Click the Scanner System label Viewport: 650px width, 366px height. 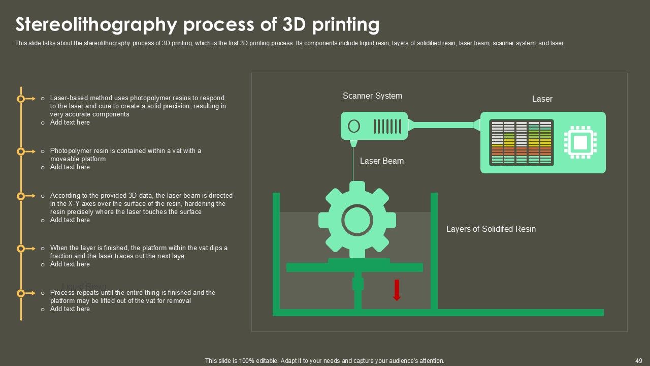(x=372, y=96)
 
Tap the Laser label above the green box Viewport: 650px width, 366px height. (x=542, y=99)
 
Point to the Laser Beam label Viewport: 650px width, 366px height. (x=381, y=161)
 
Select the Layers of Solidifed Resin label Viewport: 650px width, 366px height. (x=491, y=229)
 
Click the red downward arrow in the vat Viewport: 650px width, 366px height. (x=397, y=290)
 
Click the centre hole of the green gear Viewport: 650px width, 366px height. (x=357, y=220)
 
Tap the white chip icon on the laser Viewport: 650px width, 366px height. (x=580, y=142)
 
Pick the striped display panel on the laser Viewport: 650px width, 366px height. (x=521, y=142)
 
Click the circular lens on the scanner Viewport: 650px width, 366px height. (x=354, y=126)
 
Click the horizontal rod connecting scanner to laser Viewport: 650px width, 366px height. (x=444, y=125)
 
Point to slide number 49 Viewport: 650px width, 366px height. (x=639, y=360)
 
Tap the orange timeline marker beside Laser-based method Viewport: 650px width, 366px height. (x=21, y=99)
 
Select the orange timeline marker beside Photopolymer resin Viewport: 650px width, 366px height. (x=21, y=151)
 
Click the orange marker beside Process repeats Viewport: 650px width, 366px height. (x=21, y=293)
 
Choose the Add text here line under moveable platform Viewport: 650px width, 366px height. (x=70, y=167)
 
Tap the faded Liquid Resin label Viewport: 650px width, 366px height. (x=84, y=286)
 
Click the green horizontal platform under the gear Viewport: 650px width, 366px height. (x=354, y=267)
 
